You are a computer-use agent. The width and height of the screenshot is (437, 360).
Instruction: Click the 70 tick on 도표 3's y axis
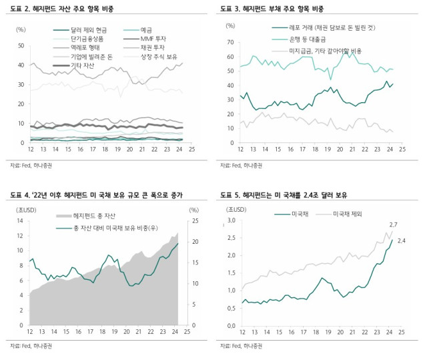230,42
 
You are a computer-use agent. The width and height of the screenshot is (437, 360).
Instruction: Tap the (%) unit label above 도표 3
230,25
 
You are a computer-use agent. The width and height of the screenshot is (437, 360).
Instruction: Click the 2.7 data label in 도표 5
394,225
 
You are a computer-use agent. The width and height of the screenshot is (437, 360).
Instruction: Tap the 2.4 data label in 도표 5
402,240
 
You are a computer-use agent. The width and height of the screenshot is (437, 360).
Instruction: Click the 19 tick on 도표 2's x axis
117,149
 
